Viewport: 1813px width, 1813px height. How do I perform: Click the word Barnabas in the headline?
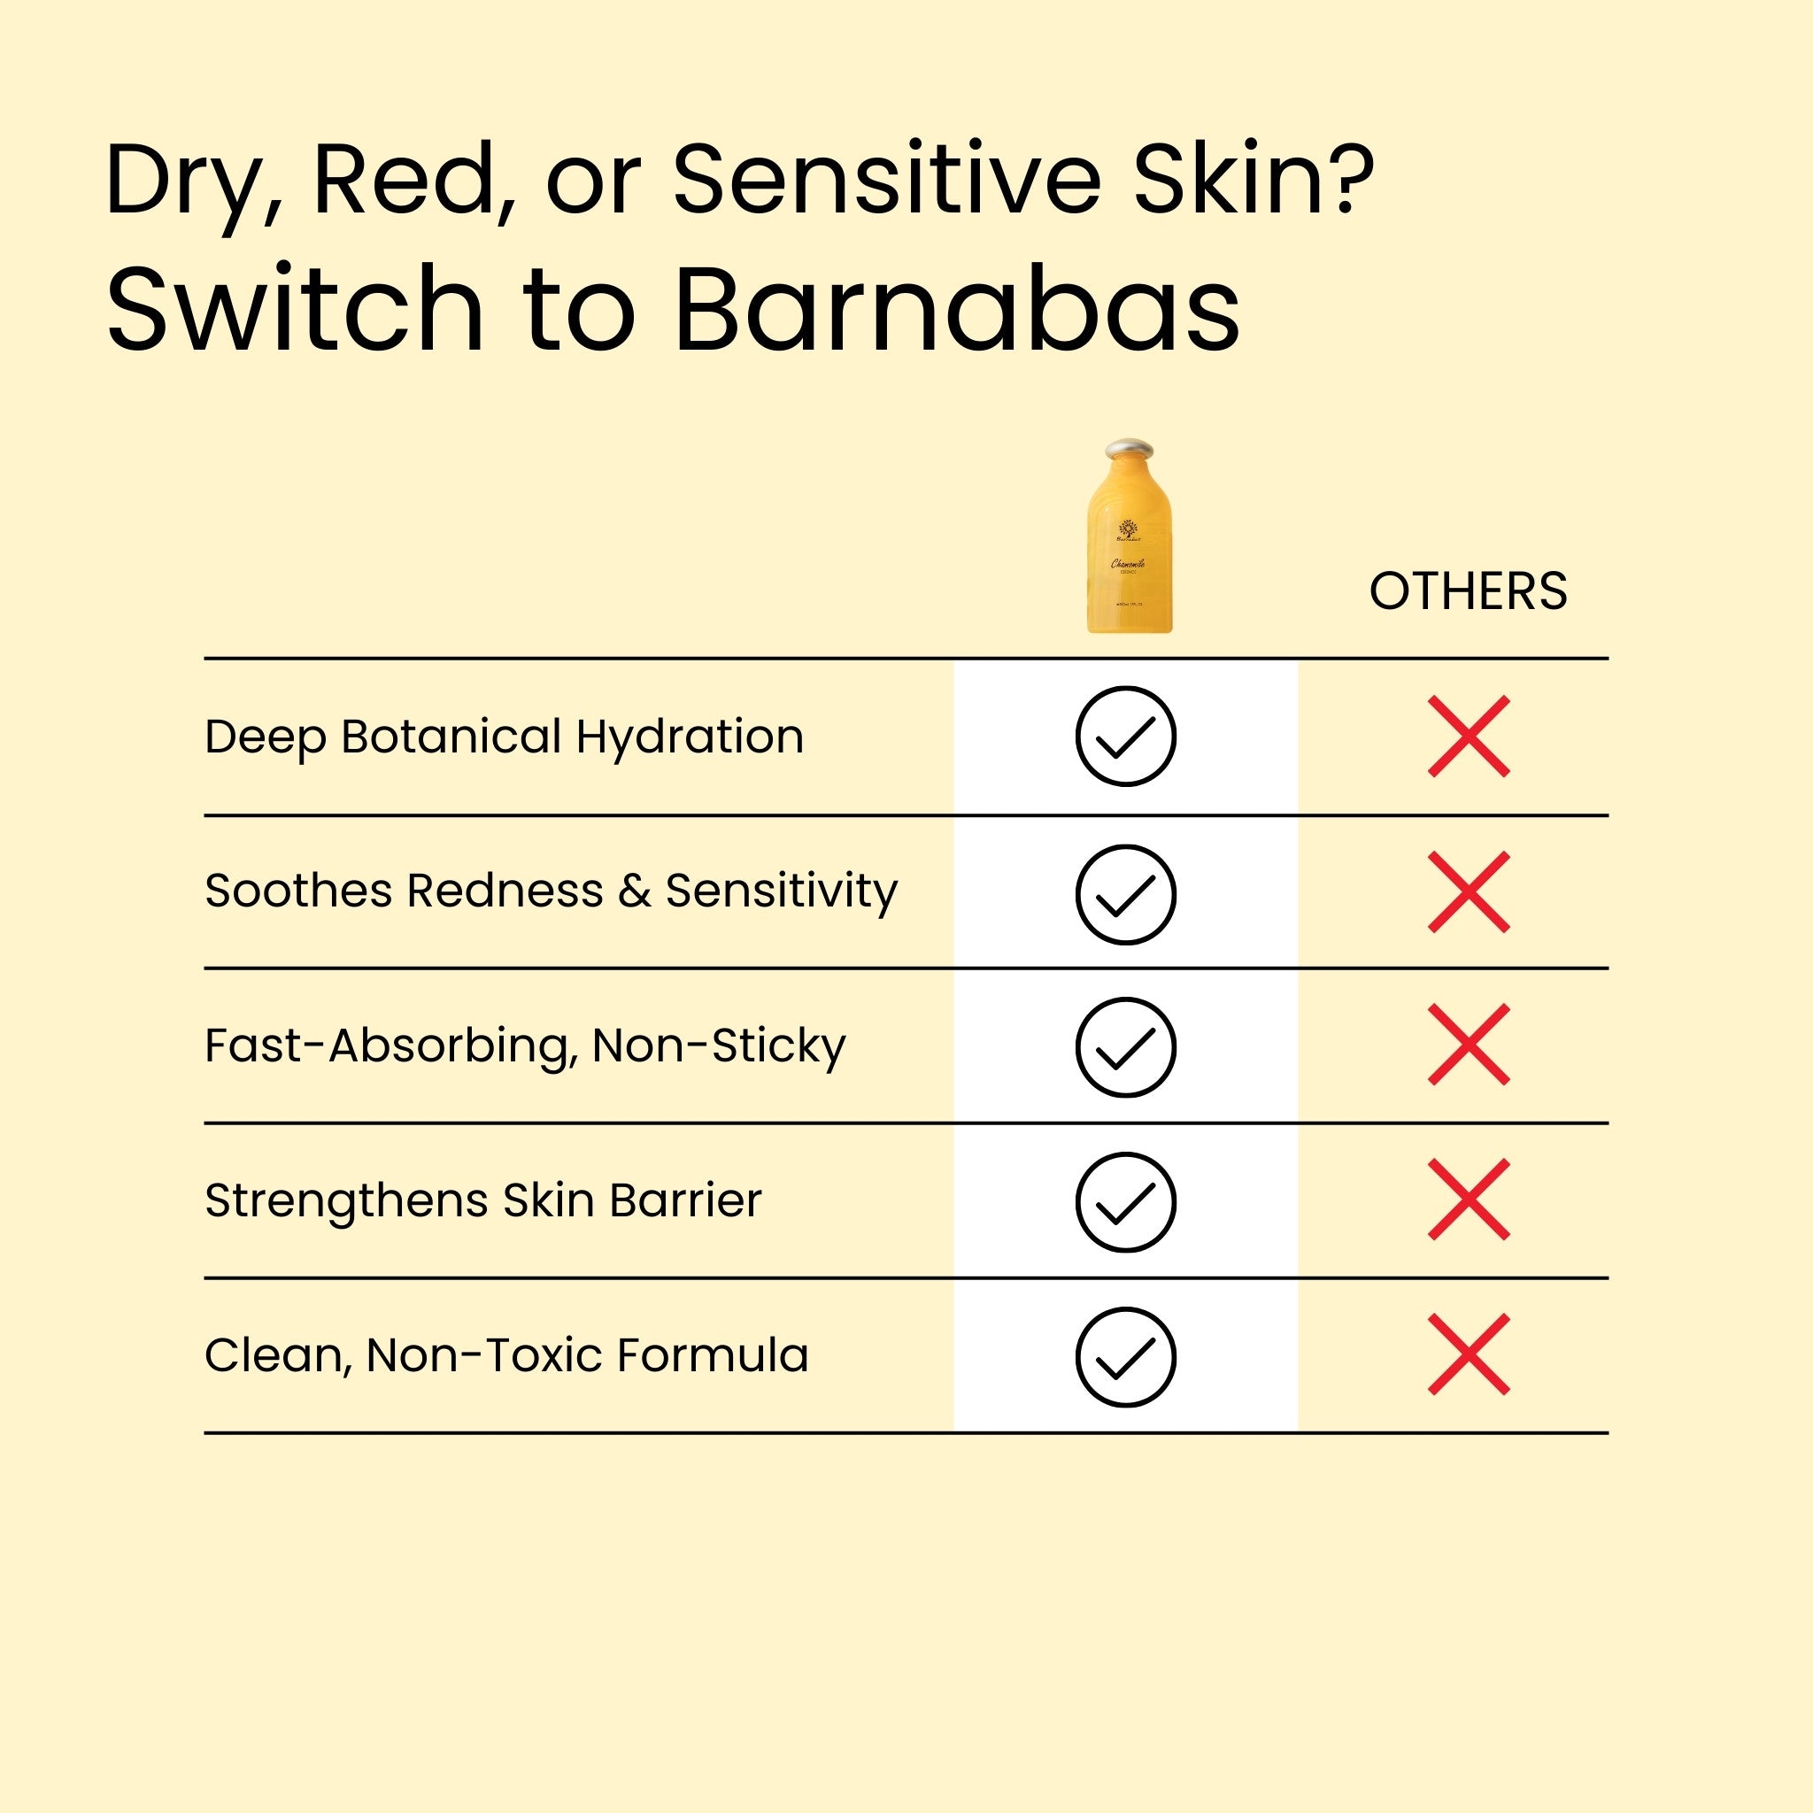(x=957, y=310)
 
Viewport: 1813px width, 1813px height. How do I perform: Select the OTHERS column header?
(x=1468, y=591)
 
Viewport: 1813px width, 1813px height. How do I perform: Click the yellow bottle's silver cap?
(x=1129, y=450)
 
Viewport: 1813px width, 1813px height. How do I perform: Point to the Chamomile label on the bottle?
(x=1127, y=564)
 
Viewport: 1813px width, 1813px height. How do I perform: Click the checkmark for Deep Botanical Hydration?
(x=1125, y=737)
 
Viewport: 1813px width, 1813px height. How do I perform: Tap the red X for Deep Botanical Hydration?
(x=1469, y=737)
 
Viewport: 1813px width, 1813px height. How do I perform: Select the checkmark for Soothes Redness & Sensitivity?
(x=1125, y=893)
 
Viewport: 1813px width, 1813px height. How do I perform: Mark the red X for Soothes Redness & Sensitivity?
(x=1469, y=892)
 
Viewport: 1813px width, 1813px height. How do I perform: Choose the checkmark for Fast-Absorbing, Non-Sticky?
(x=1125, y=1047)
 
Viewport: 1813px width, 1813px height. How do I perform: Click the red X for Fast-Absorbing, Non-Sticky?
(x=1469, y=1045)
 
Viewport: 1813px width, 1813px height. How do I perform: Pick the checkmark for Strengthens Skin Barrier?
(x=1125, y=1202)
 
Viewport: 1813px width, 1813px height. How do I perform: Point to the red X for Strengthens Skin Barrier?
(x=1469, y=1200)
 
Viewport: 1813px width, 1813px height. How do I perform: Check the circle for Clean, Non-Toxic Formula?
(x=1125, y=1357)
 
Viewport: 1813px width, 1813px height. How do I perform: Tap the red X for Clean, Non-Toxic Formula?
(x=1469, y=1354)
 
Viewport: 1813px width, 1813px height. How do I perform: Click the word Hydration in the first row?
(x=690, y=737)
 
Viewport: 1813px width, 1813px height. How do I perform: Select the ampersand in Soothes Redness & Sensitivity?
(x=635, y=891)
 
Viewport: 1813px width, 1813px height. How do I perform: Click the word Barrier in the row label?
(x=685, y=1200)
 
